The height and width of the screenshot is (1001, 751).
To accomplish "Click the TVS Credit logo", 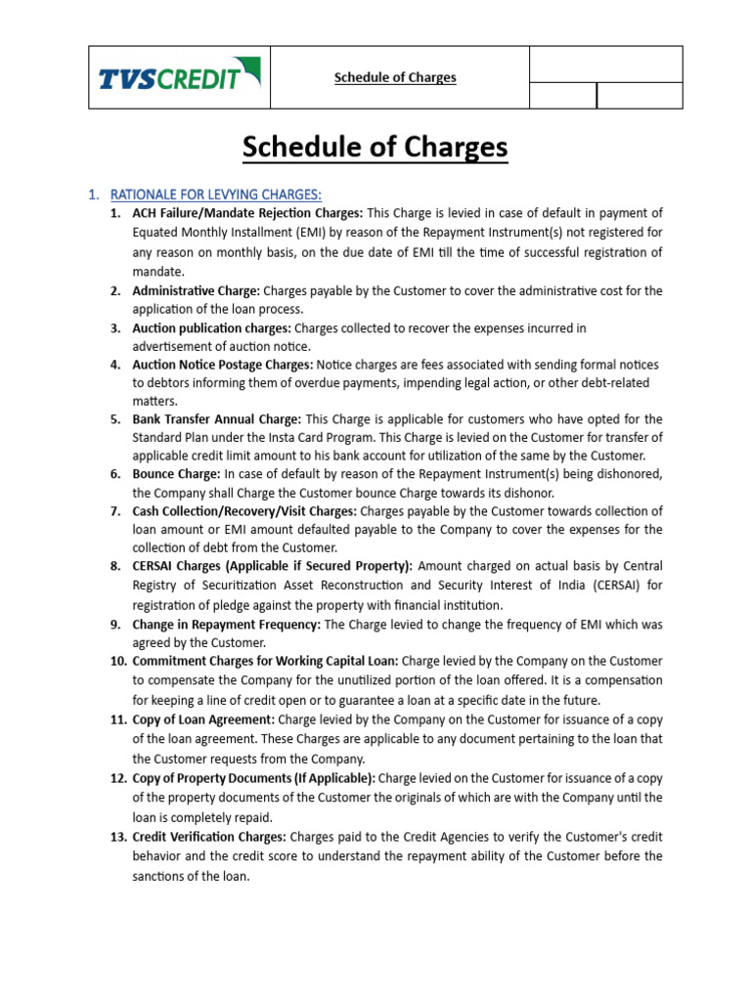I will coord(179,76).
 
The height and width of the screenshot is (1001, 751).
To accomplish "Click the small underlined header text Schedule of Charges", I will coord(395,77).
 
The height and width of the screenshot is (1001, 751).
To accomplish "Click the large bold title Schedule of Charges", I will coord(375,147).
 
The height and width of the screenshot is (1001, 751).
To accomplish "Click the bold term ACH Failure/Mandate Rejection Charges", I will coord(247,213).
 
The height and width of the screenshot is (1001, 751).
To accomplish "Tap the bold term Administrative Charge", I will coord(196,290).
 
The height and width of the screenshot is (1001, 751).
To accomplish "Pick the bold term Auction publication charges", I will coord(212,328).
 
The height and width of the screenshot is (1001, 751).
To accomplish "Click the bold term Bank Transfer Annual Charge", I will coord(217,419).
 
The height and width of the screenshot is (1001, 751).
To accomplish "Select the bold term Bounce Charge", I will coord(176,474).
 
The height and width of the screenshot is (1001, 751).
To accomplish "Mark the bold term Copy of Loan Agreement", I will coord(203,718).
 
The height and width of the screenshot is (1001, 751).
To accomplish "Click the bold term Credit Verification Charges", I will coord(209,836).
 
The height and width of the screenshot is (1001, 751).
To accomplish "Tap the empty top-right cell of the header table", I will coord(605,65).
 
